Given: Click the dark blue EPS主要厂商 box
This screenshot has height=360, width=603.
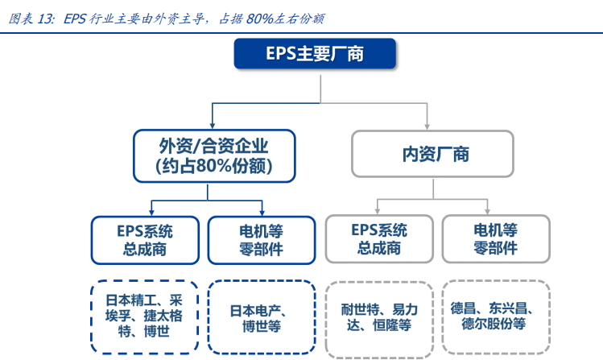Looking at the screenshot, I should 315,54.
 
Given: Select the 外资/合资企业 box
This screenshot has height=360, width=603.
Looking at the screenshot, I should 213,156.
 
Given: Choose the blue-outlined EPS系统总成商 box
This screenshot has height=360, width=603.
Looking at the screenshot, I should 144,239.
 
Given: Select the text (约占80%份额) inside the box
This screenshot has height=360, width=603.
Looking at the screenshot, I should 213,167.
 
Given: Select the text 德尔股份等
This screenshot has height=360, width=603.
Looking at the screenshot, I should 494,324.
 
